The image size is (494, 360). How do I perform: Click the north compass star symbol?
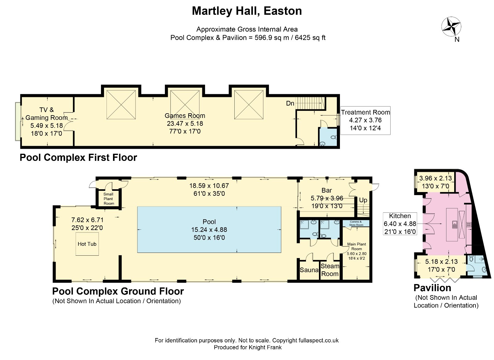[x=451, y=27]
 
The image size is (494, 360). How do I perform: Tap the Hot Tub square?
[x=87, y=244]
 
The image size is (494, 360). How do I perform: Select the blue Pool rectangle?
[x=209, y=230]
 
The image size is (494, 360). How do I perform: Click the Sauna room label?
[x=309, y=270]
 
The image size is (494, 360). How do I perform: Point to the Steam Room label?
[x=330, y=270]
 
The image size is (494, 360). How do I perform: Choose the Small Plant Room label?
[x=109, y=199]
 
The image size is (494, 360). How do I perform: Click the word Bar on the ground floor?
[x=327, y=190]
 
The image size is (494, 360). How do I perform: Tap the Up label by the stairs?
[x=363, y=200]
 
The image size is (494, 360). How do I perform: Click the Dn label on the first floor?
[x=290, y=103]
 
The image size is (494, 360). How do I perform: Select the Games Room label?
[x=185, y=116]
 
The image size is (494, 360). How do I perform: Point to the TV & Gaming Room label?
[x=47, y=114]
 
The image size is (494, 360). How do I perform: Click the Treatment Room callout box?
[x=365, y=120]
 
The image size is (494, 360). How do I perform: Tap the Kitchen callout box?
[x=400, y=224]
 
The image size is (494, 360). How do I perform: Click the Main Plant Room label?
[x=357, y=246]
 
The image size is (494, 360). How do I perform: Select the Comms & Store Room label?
[x=356, y=223]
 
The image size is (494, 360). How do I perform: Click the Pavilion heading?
[x=432, y=288]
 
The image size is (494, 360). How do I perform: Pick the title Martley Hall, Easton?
[x=247, y=11]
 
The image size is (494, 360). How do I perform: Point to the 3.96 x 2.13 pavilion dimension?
[x=436, y=178]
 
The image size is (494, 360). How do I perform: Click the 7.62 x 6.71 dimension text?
[x=87, y=220]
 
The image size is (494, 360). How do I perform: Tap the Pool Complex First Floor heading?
[x=78, y=157]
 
